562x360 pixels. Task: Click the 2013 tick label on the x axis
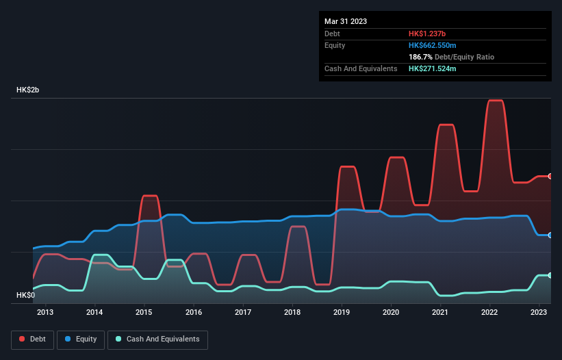pyautogui.click(x=45, y=312)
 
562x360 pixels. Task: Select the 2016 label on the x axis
pyautogui.click(x=194, y=312)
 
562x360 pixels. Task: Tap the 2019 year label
pyautogui.click(x=342, y=312)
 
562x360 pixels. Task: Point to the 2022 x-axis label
pyautogui.click(x=489, y=312)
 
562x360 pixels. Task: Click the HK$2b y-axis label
pyautogui.click(x=28, y=90)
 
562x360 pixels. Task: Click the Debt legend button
pyautogui.click(x=31, y=339)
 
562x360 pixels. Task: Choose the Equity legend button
pyautogui.click(x=81, y=339)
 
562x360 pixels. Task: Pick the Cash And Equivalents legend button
pyautogui.click(x=157, y=339)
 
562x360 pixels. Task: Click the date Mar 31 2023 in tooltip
pyautogui.click(x=346, y=21)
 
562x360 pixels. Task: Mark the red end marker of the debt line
pyautogui.click(x=550, y=176)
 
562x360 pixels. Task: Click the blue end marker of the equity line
pyautogui.click(x=550, y=235)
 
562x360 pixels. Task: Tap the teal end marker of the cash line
pyautogui.click(x=550, y=275)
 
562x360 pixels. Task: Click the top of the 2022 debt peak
pyautogui.click(x=495, y=101)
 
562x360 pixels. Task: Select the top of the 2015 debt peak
pyautogui.click(x=150, y=196)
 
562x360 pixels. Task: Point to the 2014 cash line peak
pyautogui.click(x=101, y=255)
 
